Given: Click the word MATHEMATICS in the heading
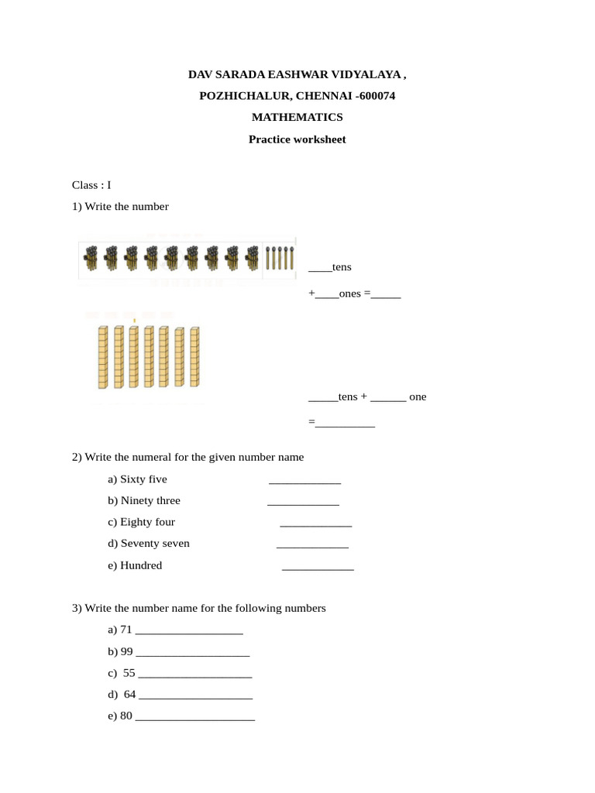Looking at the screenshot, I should tap(297, 117).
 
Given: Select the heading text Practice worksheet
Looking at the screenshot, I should tap(297, 139).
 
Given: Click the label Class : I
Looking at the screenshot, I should tap(91, 185).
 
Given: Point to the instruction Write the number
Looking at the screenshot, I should tap(126, 207).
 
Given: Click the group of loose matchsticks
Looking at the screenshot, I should tap(279, 258).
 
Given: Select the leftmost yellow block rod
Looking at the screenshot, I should tap(102, 357).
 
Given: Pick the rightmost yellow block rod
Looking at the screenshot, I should tap(194, 357).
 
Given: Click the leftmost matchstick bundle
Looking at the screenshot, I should tap(91, 258).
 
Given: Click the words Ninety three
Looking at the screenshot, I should tap(150, 500).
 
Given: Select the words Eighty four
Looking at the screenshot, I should tap(147, 522).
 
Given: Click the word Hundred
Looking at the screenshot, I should tap(141, 565).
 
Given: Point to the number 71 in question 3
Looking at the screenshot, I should tap(126, 630).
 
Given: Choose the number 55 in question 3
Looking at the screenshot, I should tap(129, 673).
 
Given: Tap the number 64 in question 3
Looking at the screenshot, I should tap(130, 695).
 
